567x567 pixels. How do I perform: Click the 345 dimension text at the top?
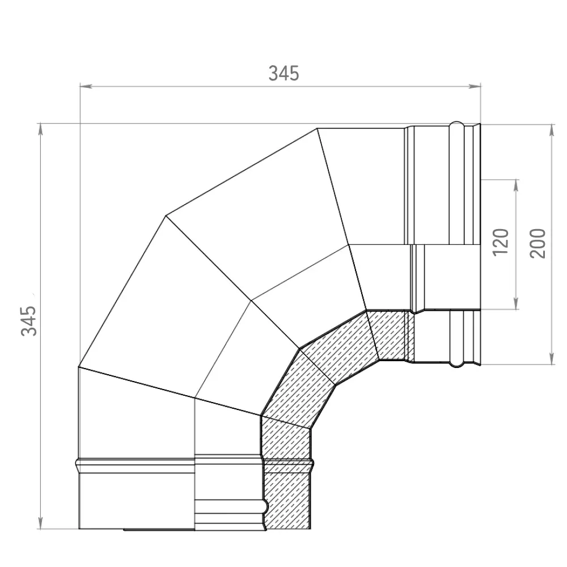[x=283, y=73]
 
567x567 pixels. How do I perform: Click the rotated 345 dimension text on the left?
[x=29, y=320]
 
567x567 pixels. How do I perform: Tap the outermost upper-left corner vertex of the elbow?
[x=166, y=216]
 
